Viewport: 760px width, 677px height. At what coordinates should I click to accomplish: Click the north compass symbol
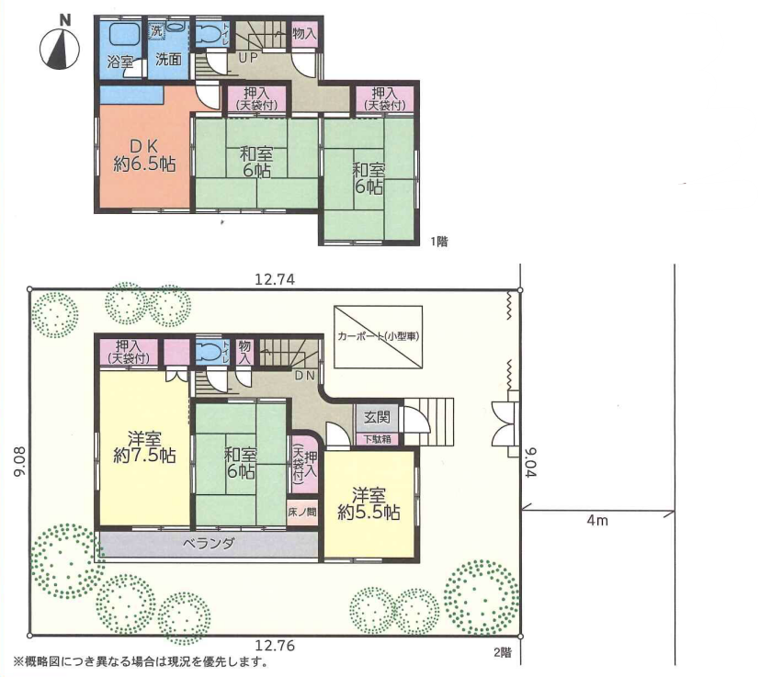60,49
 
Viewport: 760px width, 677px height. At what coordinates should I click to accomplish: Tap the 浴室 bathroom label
119,62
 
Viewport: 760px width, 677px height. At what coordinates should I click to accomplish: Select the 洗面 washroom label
168,59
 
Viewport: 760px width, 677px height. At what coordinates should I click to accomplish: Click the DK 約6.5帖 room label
144,155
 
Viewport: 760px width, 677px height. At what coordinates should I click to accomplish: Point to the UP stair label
248,58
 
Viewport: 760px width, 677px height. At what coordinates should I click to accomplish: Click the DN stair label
305,376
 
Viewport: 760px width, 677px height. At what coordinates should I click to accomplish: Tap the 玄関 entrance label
377,416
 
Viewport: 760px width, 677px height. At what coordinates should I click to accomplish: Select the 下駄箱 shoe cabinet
377,439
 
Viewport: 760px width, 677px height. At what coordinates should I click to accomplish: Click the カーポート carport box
378,337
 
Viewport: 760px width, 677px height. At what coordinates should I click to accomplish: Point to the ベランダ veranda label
209,543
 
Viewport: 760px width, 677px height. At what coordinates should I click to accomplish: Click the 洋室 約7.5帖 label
144,446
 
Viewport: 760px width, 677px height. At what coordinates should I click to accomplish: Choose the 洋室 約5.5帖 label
369,504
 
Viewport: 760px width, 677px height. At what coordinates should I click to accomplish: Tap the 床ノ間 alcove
302,512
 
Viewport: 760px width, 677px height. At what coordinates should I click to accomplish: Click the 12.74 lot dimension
275,279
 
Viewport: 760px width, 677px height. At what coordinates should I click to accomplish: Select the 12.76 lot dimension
275,646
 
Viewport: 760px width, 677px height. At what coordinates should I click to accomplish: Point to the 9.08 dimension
19,462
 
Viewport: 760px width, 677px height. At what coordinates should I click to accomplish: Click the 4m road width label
597,521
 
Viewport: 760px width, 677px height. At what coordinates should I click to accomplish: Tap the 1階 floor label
439,241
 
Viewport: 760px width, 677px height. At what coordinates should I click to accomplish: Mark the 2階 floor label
503,652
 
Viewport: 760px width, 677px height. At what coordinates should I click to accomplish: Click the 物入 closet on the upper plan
304,34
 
